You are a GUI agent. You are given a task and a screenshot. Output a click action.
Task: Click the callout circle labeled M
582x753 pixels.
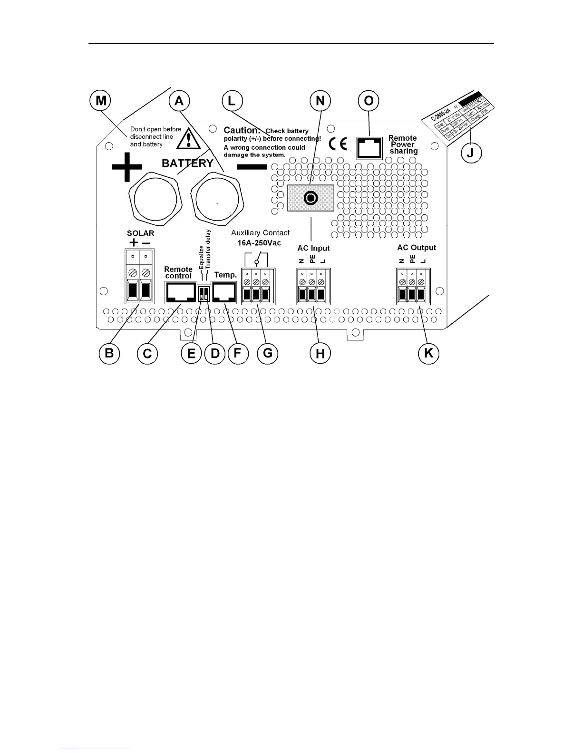101,101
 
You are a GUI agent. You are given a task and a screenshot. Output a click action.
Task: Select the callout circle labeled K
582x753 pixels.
428,353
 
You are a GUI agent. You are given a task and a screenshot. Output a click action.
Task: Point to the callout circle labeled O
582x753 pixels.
369,101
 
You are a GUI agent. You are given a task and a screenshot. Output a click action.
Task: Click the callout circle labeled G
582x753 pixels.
268,353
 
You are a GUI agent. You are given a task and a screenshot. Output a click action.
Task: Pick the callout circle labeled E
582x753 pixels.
192,353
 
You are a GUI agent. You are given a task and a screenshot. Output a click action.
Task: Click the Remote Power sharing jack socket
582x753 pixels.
369,148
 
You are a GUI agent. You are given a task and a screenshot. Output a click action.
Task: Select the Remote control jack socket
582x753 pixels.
180,292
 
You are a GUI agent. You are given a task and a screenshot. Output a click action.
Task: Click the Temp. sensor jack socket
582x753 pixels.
224,292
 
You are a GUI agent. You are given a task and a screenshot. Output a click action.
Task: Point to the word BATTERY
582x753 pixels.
187,164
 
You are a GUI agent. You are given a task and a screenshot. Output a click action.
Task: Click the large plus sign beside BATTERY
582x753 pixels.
127,167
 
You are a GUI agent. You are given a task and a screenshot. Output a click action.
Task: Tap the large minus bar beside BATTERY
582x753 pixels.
252,167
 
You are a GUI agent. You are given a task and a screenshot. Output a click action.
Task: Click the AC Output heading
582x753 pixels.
417,248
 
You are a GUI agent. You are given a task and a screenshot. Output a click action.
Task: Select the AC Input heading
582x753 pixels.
313,248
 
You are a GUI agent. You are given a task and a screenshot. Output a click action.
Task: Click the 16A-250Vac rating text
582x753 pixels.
259,242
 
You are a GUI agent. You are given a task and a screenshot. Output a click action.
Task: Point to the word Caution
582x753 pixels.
242,130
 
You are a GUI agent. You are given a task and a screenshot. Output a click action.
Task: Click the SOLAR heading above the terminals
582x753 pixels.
140,233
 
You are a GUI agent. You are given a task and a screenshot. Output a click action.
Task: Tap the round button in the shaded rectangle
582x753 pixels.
311,198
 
